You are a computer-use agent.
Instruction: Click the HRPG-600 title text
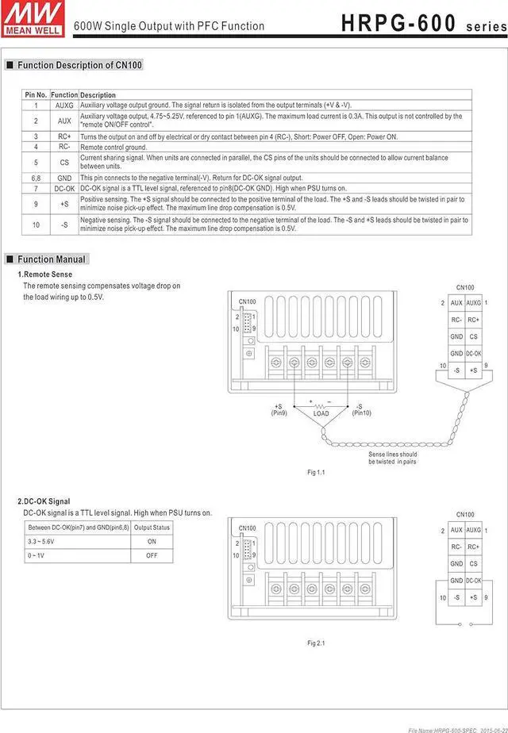pyautogui.click(x=398, y=24)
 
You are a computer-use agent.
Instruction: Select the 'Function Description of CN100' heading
pyautogui.click(x=79, y=65)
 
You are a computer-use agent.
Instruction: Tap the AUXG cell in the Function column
pyautogui.click(x=64, y=105)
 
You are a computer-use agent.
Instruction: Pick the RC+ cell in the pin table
pyautogui.click(x=64, y=136)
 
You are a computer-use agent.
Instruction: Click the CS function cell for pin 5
pyautogui.click(x=64, y=162)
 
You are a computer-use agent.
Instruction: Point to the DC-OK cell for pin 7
pyautogui.click(x=64, y=188)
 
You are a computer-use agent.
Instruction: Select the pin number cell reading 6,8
pyautogui.click(x=37, y=178)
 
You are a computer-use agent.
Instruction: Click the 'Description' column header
pyautogui.click(x=98, y=95)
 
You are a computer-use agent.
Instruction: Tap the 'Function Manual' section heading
pyautogui.click(x=52, y=259)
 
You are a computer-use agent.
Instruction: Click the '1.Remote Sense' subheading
pyautogui.click(x=44, y=274)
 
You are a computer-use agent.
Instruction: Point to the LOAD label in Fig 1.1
pyautogui.click(x=321, y=413)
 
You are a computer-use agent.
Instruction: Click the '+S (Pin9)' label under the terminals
pyautogui.click(x=279, y=409)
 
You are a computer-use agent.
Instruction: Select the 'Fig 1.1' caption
pyautogui.click(x=316, y=472)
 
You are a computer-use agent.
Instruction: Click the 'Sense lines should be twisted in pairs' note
pyautogui.click(x=392, y=458)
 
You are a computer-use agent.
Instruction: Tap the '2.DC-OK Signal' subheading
pyautogui.click(x=44, y=501)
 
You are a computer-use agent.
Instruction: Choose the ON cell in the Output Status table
pyautogui.click(x=152, y=541)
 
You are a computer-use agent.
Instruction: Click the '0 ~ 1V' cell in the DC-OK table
pyautogui.click(x=38, y=555)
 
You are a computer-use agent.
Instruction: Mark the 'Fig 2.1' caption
pyautogui.click(x=316, y=643)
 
